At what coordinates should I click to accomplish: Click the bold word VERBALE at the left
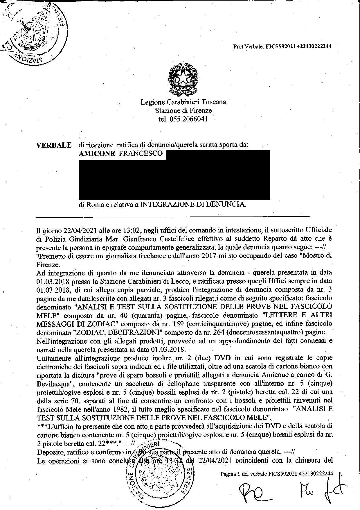[x=54, y=145]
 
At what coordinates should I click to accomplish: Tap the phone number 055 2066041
[x=183, y=119]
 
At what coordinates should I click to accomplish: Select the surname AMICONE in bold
[x=97, y=153]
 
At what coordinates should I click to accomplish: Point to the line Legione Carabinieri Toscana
[x=183, y=102]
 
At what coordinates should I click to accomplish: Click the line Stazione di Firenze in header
[x=183, y=110]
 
